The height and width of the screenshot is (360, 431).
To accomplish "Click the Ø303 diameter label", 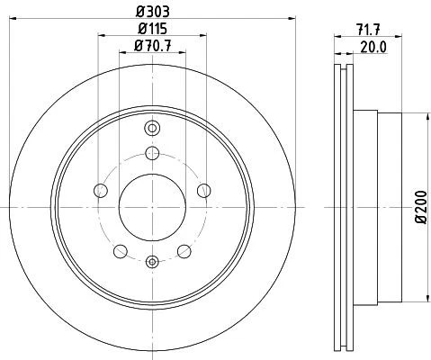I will click(152, 12).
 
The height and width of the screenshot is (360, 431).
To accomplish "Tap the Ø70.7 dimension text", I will click(152, 47).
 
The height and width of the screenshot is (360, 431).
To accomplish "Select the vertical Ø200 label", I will click(422, 208).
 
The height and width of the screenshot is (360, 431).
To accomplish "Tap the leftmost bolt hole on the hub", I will click(100, 190).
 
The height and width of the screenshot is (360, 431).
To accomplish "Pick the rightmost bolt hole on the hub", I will click(204, 190).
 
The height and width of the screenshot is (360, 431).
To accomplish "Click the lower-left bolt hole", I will click(120, 251).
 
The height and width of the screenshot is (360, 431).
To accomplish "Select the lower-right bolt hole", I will click(184, 251).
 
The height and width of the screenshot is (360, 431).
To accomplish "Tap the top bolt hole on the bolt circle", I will click(152, 152).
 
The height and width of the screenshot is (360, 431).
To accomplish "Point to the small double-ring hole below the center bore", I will click(152, 262).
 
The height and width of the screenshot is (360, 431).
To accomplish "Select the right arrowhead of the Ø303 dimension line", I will click(293, 20).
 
